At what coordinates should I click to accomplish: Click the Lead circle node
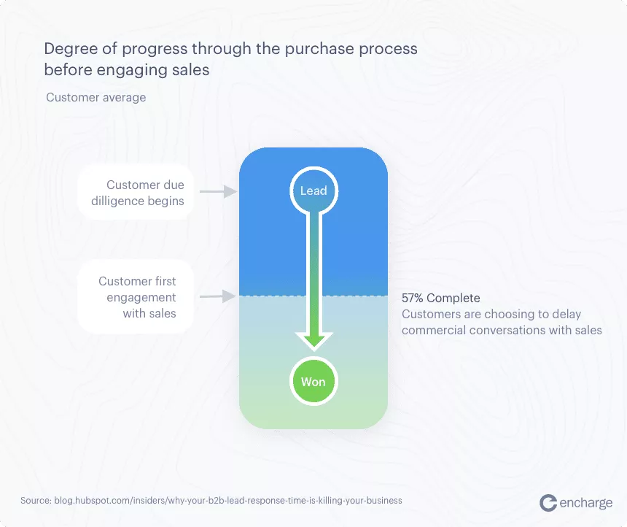pyautogui.click(x=314, y=191)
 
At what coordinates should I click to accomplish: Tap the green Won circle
pyautogui.click(x=314, y=381)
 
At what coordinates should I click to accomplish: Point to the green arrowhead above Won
pyautogui.click(x=314, y=341)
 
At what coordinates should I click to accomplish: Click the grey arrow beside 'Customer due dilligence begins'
pyautogui.click(x=218, y=191)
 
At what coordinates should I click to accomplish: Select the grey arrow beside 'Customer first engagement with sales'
pyautogui.click(x=218, y=296)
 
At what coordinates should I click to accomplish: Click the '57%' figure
pyautogui.click(x=412, y=298)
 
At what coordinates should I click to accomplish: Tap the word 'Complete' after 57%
pyautogui.click(x=453, y=298)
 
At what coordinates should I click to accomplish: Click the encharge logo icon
pyautogui.click(x=548, y=503)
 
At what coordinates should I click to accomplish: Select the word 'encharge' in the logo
pyautogui.click(x=586, y=503)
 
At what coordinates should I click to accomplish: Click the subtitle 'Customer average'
pyautogui.click(x=96, y=97)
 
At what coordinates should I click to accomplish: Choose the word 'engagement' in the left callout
pyautogui.click(x=141, y=298)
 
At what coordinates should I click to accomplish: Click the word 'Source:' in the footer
pyautogui.click(x=36, y=501)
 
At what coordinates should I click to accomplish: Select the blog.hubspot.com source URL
pyautogui.click(x=228, y=501)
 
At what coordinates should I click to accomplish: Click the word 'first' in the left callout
pyautogui.click(x=165, y=281)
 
